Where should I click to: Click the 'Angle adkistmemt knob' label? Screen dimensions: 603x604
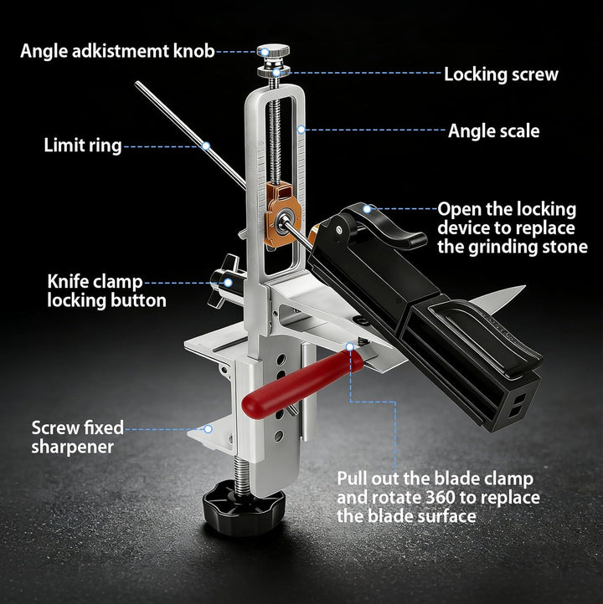(117, 51)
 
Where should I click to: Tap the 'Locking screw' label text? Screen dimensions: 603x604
(501, 74)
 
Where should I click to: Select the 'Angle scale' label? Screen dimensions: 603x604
(493, 131)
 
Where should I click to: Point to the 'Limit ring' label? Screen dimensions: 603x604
(83, 146)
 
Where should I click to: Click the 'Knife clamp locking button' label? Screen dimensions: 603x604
(106, 291)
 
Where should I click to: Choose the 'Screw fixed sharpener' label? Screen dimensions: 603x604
(78, 438)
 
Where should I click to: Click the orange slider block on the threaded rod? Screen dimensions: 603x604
(282, 214)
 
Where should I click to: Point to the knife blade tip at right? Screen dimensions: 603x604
(525, 286)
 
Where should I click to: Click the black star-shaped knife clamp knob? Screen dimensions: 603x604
(226, 282)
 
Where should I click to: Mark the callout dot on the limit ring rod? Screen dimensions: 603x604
(206, 146)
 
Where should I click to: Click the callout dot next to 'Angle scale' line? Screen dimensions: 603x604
(301, 130)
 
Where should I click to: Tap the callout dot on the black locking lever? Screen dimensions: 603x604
(367, 209)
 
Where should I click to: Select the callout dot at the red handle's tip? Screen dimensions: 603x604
(350, 346)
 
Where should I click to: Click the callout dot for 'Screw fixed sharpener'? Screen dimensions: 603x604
(208, 428)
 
